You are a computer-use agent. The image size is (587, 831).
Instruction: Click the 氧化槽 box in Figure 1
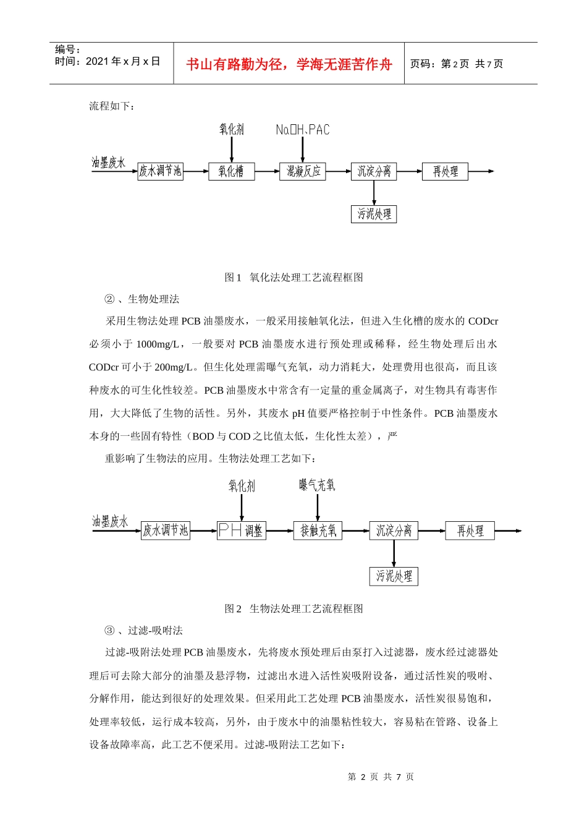tap(231, 171)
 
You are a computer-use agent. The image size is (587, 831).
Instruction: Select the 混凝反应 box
tap(303, 171)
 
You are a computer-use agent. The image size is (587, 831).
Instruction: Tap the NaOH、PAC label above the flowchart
tap(303, 130)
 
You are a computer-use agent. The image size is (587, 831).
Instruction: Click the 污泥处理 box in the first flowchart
tap(374, 214)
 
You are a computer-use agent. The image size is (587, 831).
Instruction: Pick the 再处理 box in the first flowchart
tap(445, 171)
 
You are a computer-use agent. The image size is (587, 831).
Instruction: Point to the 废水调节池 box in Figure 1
tap(160, 171)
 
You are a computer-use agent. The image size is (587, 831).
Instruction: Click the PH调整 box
tap(241, 531)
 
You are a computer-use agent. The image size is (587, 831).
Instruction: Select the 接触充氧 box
tap(318, 531)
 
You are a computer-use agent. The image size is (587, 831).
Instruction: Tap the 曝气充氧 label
tap(317, 485)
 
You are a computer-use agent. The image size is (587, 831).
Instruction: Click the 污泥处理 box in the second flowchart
tap(394, 576)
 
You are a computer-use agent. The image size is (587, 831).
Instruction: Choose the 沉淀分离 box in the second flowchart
tap(394, 531)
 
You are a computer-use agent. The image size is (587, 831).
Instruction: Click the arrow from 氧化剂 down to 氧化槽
tap(232, 150)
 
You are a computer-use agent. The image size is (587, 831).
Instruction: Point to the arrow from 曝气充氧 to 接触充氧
tap(318, 508)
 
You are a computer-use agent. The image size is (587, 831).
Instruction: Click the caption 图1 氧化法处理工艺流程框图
tap(293, 278)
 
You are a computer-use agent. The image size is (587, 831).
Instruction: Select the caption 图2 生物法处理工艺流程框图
tap(293, 609)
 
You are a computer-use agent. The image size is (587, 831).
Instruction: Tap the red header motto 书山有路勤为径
tap(289, 64)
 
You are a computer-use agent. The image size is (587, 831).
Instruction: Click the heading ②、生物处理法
tap(141, 299)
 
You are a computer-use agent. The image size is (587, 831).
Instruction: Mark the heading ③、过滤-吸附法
tap(143, 631)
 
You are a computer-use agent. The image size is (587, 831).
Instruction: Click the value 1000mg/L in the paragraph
tap(158, 344)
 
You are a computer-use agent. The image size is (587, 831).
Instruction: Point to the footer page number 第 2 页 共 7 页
tap(381, 777)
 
